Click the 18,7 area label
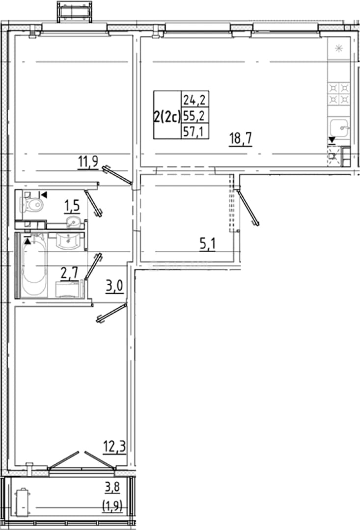point(241,138)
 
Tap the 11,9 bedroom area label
point(88,162)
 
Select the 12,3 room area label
point(114,447)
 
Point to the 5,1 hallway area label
point(207,244)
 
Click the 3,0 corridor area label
point(114,287)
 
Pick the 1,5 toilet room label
point(72,206)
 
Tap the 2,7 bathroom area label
point(69,273)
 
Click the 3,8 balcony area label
point(112,487)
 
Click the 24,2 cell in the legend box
point(194,100)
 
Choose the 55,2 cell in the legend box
point(194,116)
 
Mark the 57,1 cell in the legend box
point(194,132)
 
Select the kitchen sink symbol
point(339,129)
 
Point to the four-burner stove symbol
point(339,94)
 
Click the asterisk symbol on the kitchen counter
point(339,49)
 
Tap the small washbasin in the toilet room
point(73,222)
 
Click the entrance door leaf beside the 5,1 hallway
point(248,208)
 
